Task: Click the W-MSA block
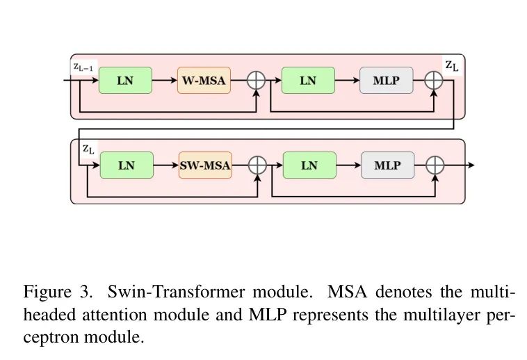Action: click(x=204, y=81)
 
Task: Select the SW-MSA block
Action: click(x=204, y=165)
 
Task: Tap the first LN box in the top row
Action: click(x=125, y=81)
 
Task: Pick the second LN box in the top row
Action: click(x=308, y=81)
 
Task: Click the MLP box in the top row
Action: click(x=387, y=81)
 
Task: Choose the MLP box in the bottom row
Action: click(x=387, y=165)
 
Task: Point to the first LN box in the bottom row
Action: click(x=127, y=165)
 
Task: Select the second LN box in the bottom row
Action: click(x=309, y=165)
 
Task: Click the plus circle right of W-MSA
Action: click(x=257, y=81)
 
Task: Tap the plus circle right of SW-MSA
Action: click(x=258, y=165)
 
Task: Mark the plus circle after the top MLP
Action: click(x=434, y=81)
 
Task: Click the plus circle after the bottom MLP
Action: click(x=435, y=165)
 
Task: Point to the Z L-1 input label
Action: click(x=83, y=67)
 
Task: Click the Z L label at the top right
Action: click(x=451, y=66)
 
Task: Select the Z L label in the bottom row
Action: click(x=88, y=149)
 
